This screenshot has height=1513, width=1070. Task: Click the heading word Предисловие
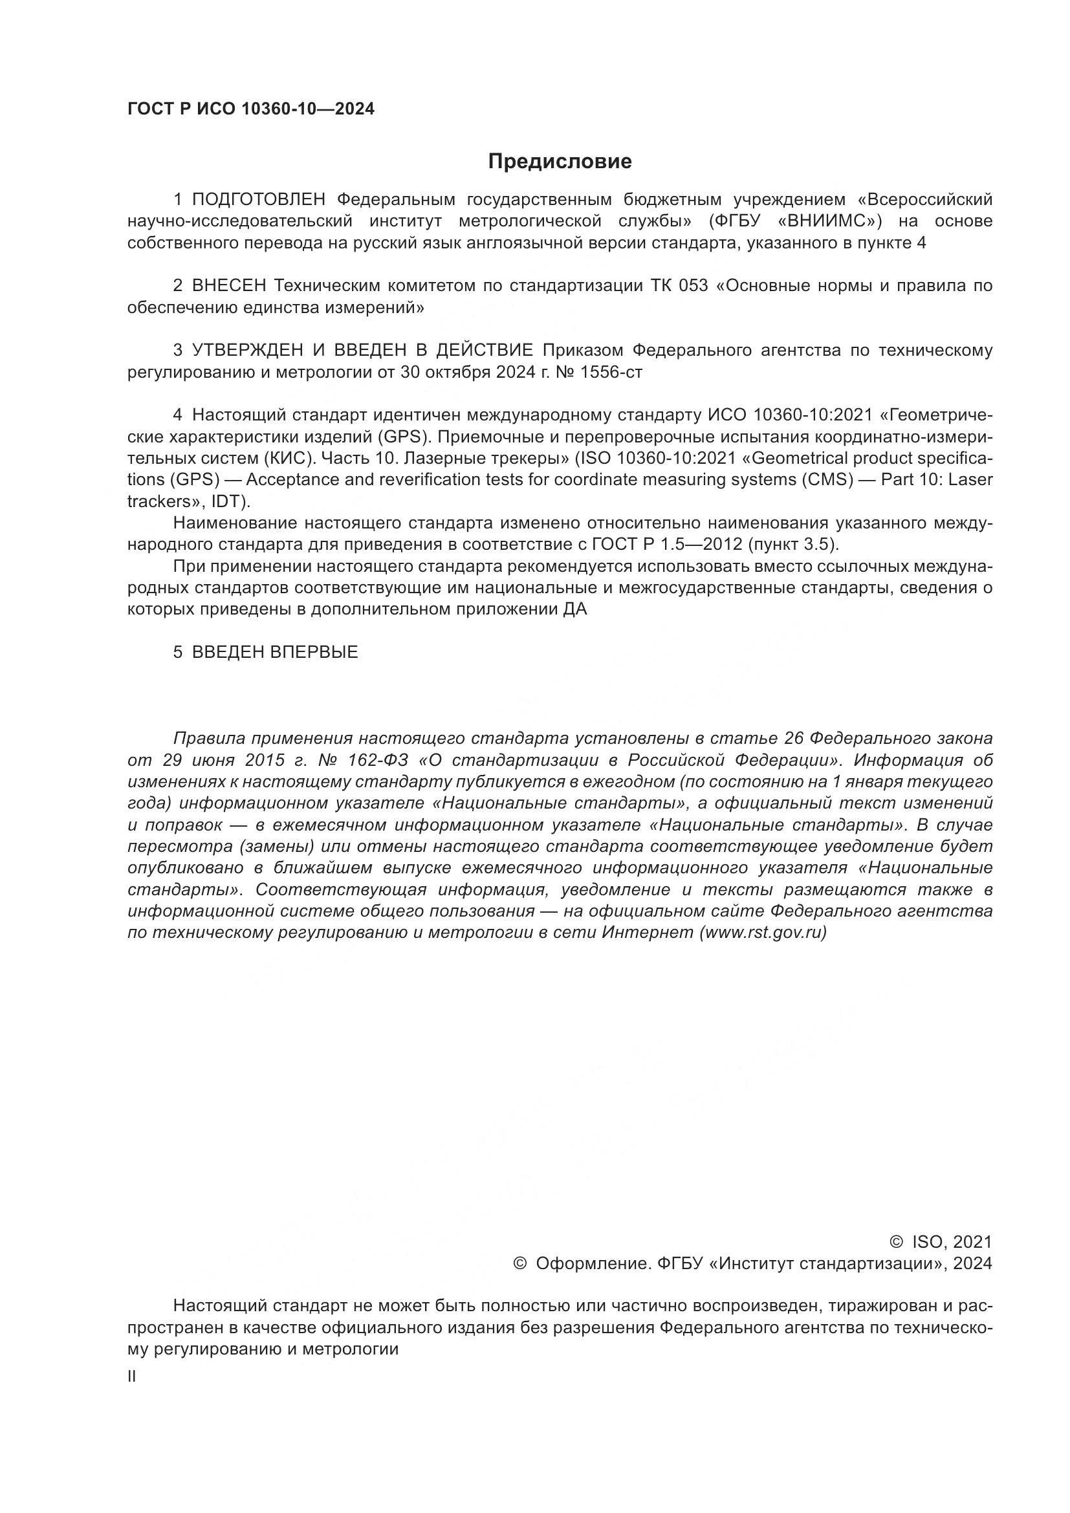[x=560, y=162]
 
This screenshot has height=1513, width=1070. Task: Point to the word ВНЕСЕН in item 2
[x=228, y=286]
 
